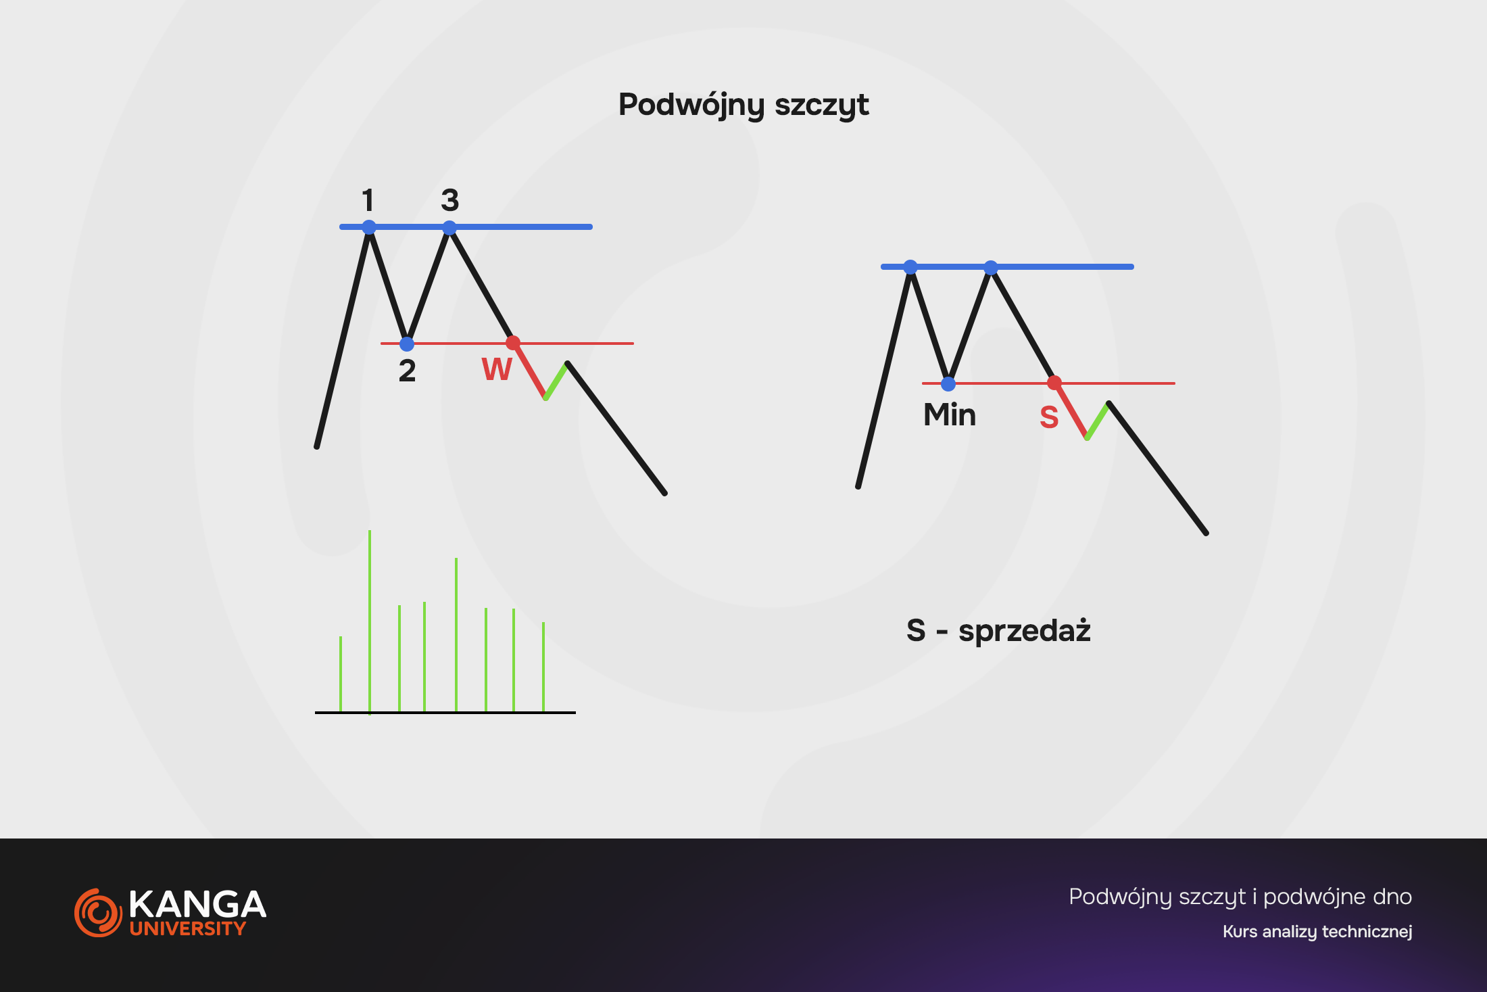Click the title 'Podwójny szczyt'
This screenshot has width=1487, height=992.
pos(743,105)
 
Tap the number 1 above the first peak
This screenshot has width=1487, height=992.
pos(368,200)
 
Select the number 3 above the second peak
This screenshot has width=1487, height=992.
pos(450,200)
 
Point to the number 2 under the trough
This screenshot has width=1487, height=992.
pos(407,371)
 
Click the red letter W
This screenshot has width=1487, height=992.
pos(497,369)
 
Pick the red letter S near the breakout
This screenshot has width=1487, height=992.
pos(1049,417)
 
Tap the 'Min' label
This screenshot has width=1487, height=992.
pos(950,415)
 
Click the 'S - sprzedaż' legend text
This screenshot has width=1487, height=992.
pos(998,630)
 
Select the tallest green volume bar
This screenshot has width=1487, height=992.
pos(370,621)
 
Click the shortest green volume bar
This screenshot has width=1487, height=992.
pos(341,674)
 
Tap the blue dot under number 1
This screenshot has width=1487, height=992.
pos(369,227)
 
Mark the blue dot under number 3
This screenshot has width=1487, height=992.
pos(449,228)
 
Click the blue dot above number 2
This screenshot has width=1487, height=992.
pos(407,344)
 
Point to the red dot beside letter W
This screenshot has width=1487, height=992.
pos(513,343)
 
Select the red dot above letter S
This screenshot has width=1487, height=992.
pos(1054,383)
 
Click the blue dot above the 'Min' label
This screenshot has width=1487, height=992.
pos(948,384)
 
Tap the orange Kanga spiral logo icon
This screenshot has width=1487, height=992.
pos(98,913)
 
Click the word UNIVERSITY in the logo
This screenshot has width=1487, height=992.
pos(188,928)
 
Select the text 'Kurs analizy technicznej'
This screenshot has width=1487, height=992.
pos(1317,932)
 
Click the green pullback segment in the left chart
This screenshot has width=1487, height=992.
pos(556,381)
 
